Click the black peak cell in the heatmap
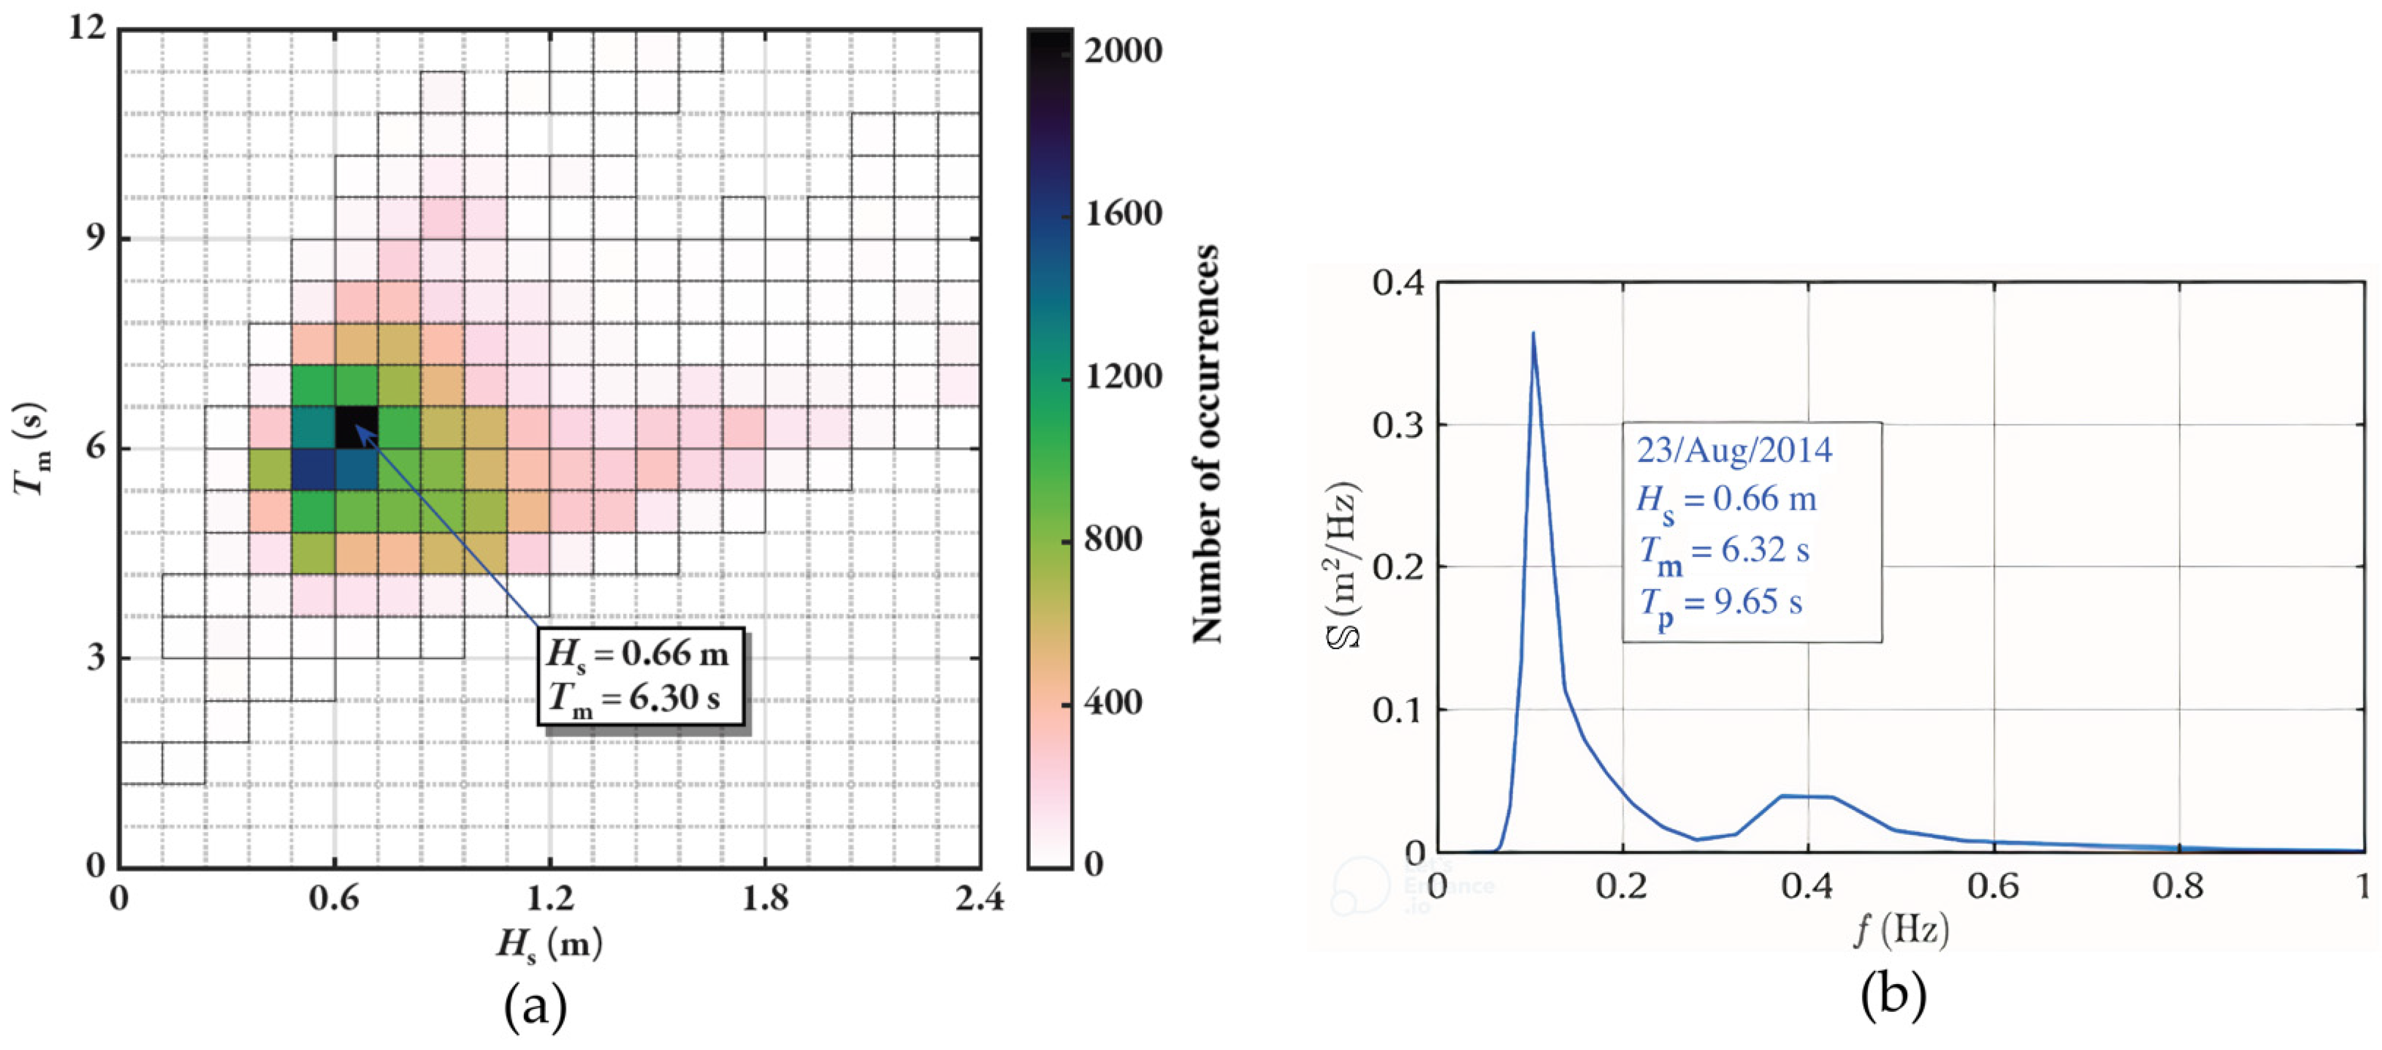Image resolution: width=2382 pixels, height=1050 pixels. pos(356,427)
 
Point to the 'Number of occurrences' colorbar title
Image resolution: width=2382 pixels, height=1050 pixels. pos(1205,444)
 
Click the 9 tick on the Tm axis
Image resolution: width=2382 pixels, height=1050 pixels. pos(94,238)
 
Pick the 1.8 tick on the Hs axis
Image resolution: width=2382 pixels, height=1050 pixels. pos(765,897)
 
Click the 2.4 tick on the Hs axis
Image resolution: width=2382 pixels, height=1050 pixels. pos(979,897)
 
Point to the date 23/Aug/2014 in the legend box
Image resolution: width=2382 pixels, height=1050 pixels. pos(1734,450)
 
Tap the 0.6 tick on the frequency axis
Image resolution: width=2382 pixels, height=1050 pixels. pos(1993,886)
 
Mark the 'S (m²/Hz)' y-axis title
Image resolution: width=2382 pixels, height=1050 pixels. pos(1345,566)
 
